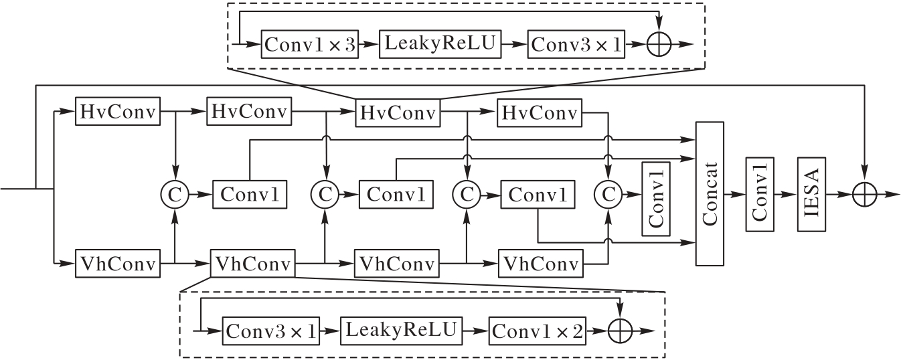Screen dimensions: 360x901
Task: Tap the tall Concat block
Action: (x=710, y=193)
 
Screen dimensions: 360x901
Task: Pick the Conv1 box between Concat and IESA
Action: (x=759, y=193)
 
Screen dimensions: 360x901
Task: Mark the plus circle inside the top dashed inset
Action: (x=661, y=45)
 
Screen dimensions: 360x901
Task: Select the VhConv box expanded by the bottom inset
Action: (x=252, y=264)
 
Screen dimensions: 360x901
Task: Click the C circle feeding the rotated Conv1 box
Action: (x=608, y=194)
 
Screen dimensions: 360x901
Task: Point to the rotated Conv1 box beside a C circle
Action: (x=655, y=198)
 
